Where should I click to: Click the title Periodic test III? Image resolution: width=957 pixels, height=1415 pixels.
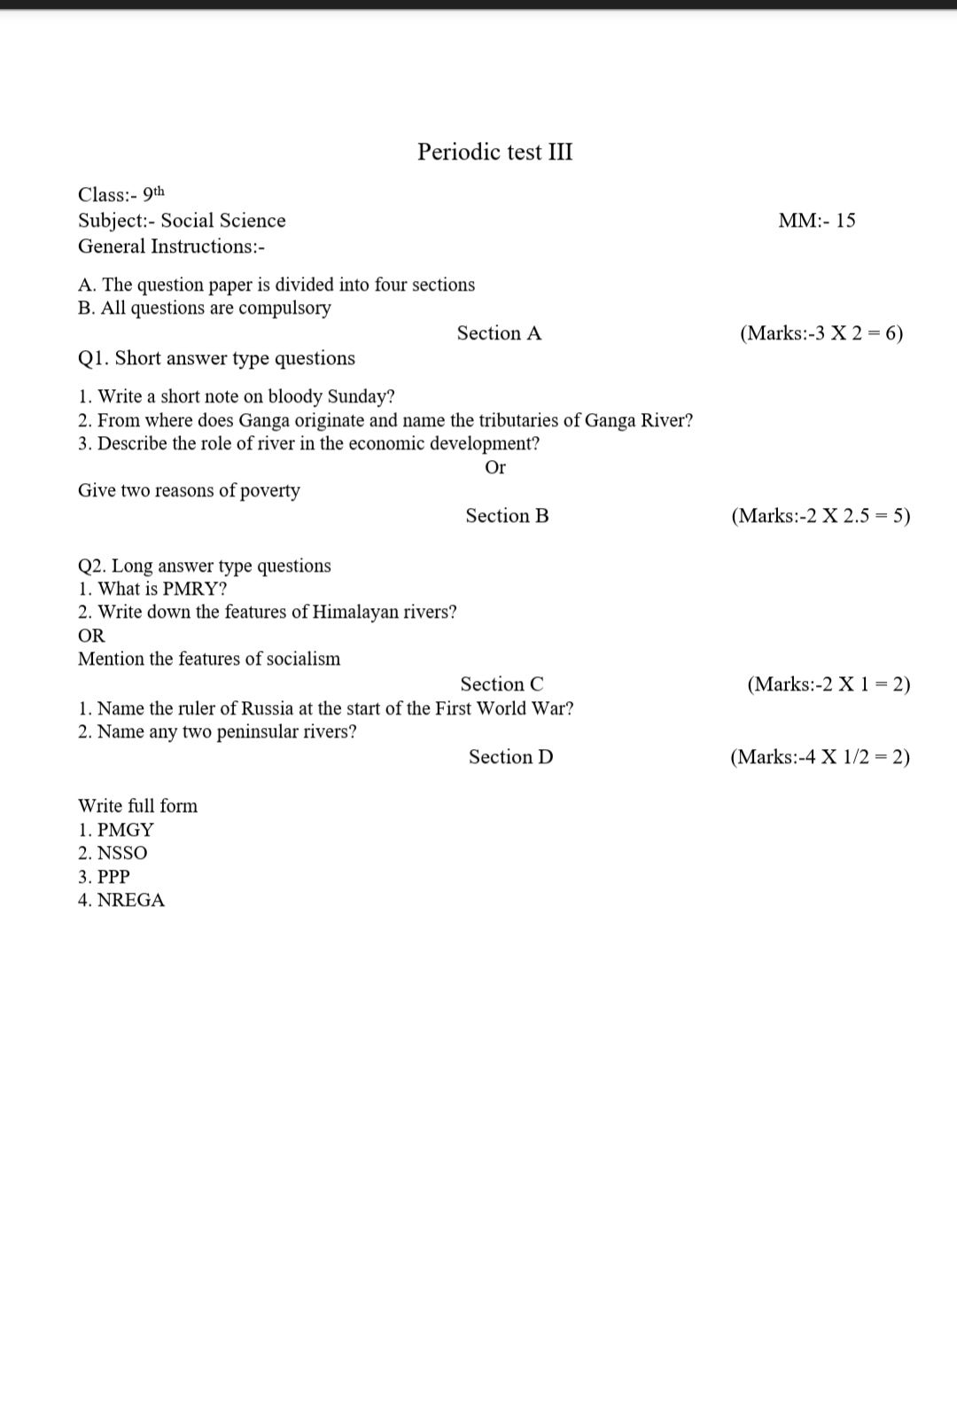click(494, 152)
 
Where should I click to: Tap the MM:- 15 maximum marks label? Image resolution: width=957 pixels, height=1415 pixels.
click(816, 221)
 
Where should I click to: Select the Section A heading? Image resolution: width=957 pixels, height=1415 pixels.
click(499, 333)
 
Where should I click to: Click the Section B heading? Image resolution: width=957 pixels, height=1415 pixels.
click(507, 516)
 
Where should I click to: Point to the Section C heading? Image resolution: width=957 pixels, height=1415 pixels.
click(502, 684)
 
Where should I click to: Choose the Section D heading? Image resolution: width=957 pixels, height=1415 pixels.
click(510, 757)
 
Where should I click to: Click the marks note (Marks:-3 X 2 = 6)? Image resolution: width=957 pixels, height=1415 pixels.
click(821, 333)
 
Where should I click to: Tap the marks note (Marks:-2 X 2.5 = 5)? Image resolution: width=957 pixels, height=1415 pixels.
click(821, 516)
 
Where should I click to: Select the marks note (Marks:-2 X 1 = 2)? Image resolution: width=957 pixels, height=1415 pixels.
click(828, 684)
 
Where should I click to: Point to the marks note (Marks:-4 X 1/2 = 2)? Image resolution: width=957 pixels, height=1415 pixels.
click(820, 757)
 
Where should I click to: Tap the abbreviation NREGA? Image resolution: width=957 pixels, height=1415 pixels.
click(130, 900)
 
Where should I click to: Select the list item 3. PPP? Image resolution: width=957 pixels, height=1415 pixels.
click(104, 877)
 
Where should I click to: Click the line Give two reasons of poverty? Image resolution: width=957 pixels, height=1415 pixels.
click(189, 490)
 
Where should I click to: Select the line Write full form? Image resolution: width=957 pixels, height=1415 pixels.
click(137, 806)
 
